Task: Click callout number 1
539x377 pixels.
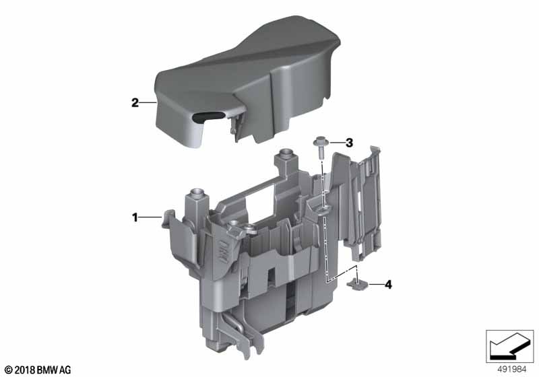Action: coord(135,217)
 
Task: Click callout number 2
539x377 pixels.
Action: coord(135,102)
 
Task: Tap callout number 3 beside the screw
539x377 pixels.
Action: coord(349,143)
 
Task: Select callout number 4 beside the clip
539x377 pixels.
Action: coord(389,284)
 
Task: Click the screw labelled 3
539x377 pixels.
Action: coord(319,147)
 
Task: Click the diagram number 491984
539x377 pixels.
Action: coord(512,370)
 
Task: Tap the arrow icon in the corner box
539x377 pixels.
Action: coord(509,346)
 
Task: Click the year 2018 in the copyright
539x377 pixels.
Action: coord(25,370)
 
